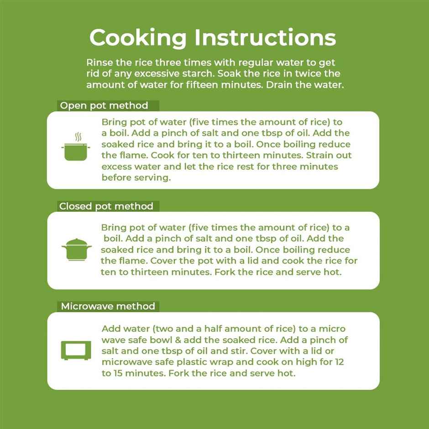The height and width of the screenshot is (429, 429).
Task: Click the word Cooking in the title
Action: (138, 38)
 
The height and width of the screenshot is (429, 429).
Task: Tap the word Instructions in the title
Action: (265, 37)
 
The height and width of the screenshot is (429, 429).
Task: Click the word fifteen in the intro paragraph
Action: (202, 84)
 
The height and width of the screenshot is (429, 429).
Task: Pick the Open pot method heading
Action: (104, 105)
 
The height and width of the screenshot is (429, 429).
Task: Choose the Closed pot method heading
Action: (106, 206)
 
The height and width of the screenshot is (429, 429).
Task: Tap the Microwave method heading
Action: (108, 306)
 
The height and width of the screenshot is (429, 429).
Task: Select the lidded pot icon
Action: (77, 250)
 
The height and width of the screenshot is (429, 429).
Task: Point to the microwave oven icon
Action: (76, 351)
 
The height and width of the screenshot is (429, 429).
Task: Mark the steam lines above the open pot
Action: (78, 137)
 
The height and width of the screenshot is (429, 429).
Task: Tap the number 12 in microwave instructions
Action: (339, 362)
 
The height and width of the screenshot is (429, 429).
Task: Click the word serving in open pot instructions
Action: (153, 178)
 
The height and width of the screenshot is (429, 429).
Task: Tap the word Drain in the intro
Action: (279, 84)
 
